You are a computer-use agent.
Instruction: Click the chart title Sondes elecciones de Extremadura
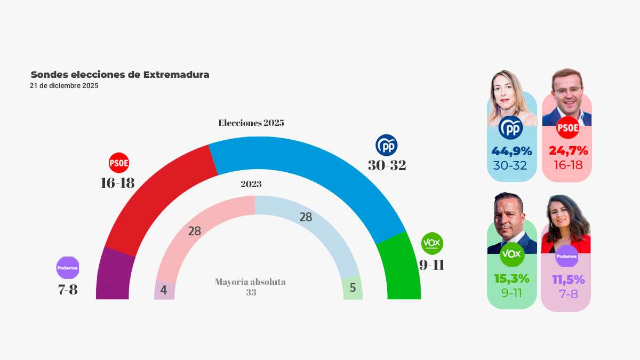click(x=120, y=75)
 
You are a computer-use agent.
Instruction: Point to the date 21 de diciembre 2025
click(x=64, y=85)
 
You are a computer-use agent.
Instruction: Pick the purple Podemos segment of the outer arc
click(x=114, y=275)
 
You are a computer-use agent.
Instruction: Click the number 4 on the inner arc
click(x=164, y=291)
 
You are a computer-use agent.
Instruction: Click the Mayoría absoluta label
click(x=251, y=282)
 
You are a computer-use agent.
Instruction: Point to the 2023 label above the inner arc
click(x=251, y=185)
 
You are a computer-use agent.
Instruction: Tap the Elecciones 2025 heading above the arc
click(x=251, y=123)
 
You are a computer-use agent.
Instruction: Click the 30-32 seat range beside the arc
click(x=387, y=165)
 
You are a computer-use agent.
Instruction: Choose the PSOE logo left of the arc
click(x=119, y=163)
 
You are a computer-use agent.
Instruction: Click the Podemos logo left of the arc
click(x=67, y=267)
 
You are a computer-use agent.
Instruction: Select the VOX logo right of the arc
click(x=432, y=244)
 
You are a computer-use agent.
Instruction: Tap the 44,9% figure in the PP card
click(x=511, y=151)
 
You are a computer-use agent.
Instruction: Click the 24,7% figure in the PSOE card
click(x=568, y=151)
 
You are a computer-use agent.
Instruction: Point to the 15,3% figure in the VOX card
click(x=511, y=278)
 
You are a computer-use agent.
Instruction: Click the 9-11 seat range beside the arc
click(x=431, y=265)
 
